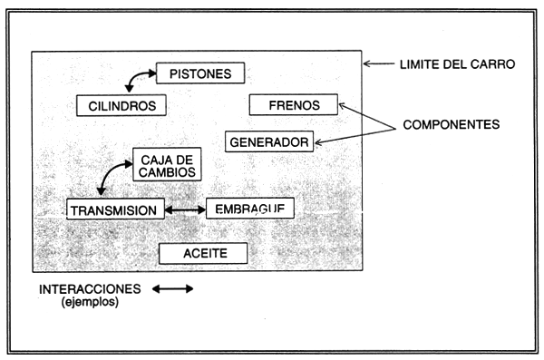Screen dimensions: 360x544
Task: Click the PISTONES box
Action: click(x=200, y=73)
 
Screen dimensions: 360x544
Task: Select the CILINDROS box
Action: click(x=121, y=105)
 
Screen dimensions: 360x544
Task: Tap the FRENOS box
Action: click(x=293, y=105)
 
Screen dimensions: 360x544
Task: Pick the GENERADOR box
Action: click(x=270, y=141)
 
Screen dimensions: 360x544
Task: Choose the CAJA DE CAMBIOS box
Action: click(x=166, y=163)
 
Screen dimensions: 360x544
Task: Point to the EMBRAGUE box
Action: click(x=249, y=209)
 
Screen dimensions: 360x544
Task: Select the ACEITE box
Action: click(x=202, y=252)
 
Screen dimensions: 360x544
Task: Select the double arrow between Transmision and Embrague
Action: click(x=184, y=209)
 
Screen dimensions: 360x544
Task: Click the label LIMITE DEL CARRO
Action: click(x=457, y=64)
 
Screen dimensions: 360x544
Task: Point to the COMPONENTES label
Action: click(x=452, y=123)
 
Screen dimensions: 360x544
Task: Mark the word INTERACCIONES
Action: click(x=90, y=289)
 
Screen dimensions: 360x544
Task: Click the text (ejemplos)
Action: click(x=90, y=303)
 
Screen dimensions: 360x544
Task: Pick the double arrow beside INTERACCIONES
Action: click(x=172, y=289)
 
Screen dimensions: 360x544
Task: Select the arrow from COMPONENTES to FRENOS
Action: click(x=363, y=113)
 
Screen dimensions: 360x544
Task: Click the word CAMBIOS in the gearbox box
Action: click(x=166, y=170)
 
